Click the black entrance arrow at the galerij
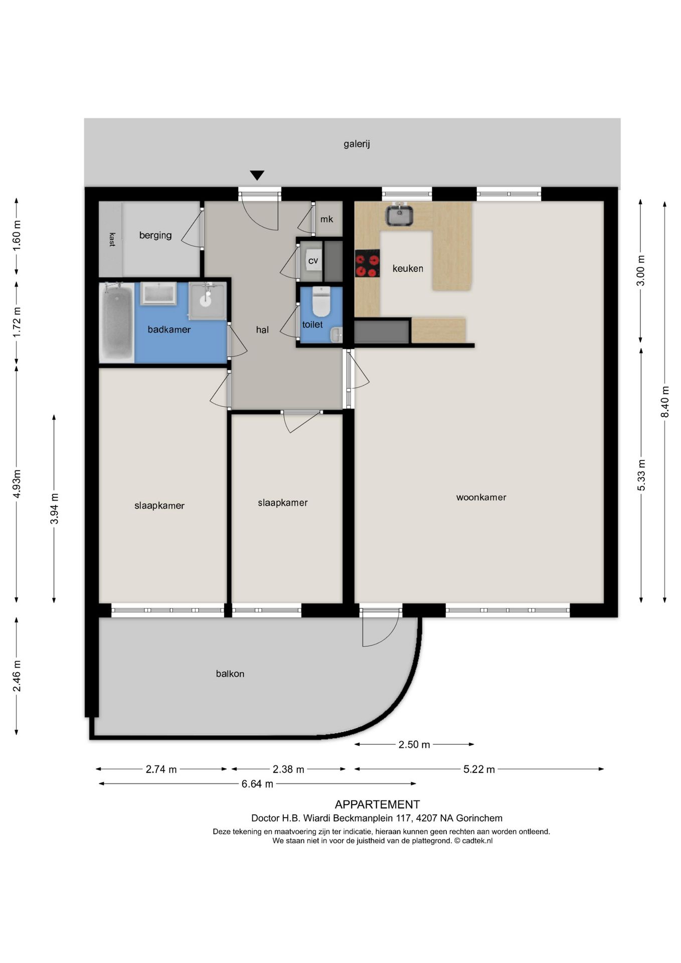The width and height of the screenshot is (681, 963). coord(257,175)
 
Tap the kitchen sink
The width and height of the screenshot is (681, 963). coord(399,215)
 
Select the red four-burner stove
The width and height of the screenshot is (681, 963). coord(367,263)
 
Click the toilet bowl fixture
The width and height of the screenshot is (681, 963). coord(321,301)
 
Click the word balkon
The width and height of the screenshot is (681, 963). coord(230,674)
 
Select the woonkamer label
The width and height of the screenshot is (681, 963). coord(481,497)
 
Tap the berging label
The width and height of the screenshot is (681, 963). coord(155,235)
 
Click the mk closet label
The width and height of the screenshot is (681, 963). coord(326,219)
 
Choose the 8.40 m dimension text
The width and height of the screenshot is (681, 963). coord(665,401)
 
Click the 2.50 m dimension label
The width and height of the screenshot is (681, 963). coord(414,744)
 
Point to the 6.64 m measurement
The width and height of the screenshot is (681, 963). coord(257,783)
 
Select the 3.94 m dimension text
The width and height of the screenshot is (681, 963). coord(54,509)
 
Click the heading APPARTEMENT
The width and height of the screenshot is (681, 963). coord(377,805)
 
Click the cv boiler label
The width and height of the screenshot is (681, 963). coord(313,261)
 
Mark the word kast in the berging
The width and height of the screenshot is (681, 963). coord(112,239)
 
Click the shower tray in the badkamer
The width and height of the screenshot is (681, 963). coord(208,300)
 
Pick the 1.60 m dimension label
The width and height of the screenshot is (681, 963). coord(17,236)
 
